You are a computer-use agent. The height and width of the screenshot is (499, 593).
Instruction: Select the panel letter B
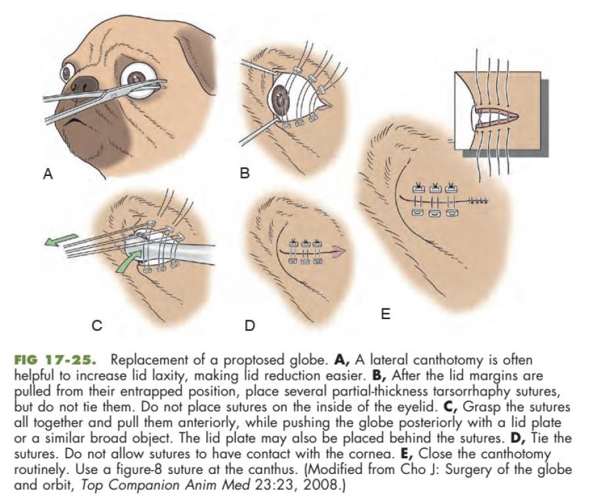tap(244, 174)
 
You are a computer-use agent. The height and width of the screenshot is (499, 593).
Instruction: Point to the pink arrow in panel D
tap(338, 251)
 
